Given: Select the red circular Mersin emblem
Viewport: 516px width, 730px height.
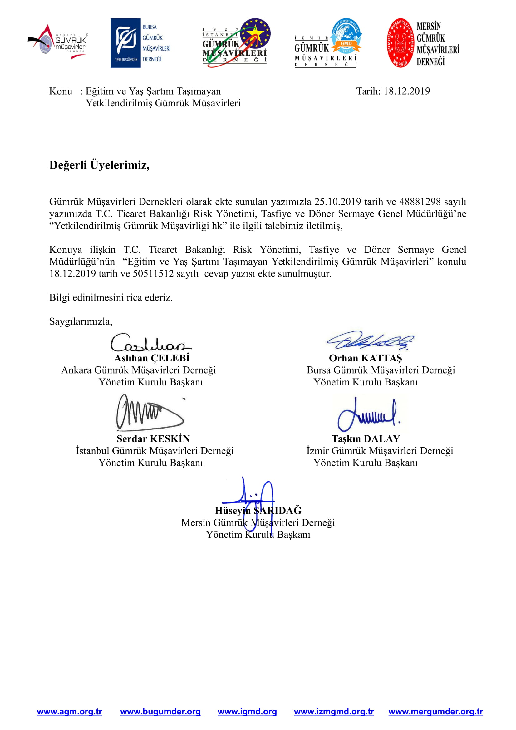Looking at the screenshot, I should click(x=401, y=43).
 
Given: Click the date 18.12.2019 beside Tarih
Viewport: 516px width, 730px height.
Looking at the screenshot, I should click(x=407, y=91).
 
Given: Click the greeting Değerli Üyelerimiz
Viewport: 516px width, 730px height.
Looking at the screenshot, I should click(x=99, y=165).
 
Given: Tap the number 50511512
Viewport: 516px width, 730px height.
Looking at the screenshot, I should click(x=153, y=273).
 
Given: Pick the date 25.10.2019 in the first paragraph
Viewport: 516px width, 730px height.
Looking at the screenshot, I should click(x=338, y=202).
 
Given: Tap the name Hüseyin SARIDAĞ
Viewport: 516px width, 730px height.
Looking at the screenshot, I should click(x=258, y=511).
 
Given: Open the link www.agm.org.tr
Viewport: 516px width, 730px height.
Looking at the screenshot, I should click(x=69, y=712).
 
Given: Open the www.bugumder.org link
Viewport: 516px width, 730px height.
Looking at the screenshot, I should click(x=160, y=712).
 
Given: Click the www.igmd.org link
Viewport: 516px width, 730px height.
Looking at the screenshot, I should click(x=247, y=712).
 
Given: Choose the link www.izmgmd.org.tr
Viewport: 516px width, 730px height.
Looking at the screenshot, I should click(x=334, y=712).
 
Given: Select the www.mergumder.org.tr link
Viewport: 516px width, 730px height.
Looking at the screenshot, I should click(x=435, y=712).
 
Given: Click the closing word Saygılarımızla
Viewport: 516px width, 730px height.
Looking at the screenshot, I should click(x=81, y=321).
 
